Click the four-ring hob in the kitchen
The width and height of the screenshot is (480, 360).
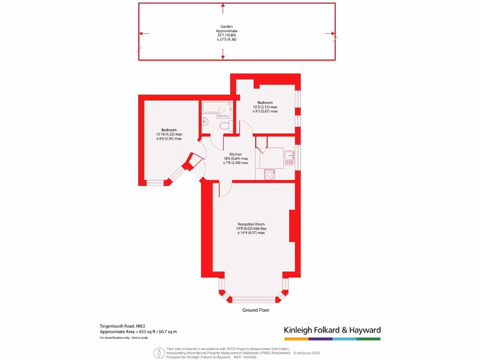tap(270, 175)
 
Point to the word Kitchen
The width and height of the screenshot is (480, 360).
tap(235, 154)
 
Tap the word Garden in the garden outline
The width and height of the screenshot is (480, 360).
tap(227, 27)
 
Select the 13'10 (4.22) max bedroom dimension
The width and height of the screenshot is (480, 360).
tap(169, 135)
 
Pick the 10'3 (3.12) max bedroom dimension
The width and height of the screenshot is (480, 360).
tap(265, 107)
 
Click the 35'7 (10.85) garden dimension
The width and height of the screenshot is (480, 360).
tap(227, 35)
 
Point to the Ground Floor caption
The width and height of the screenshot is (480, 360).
tap(255, 310)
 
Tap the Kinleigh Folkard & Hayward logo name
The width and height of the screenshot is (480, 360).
tap(332, 330)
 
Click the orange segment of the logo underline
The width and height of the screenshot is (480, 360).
tap(296, 338)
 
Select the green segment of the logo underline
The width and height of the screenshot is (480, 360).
tap(368, 338)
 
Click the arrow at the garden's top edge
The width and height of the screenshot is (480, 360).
tap(223, 7)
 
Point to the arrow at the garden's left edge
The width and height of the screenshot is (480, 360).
tap(142, 33)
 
